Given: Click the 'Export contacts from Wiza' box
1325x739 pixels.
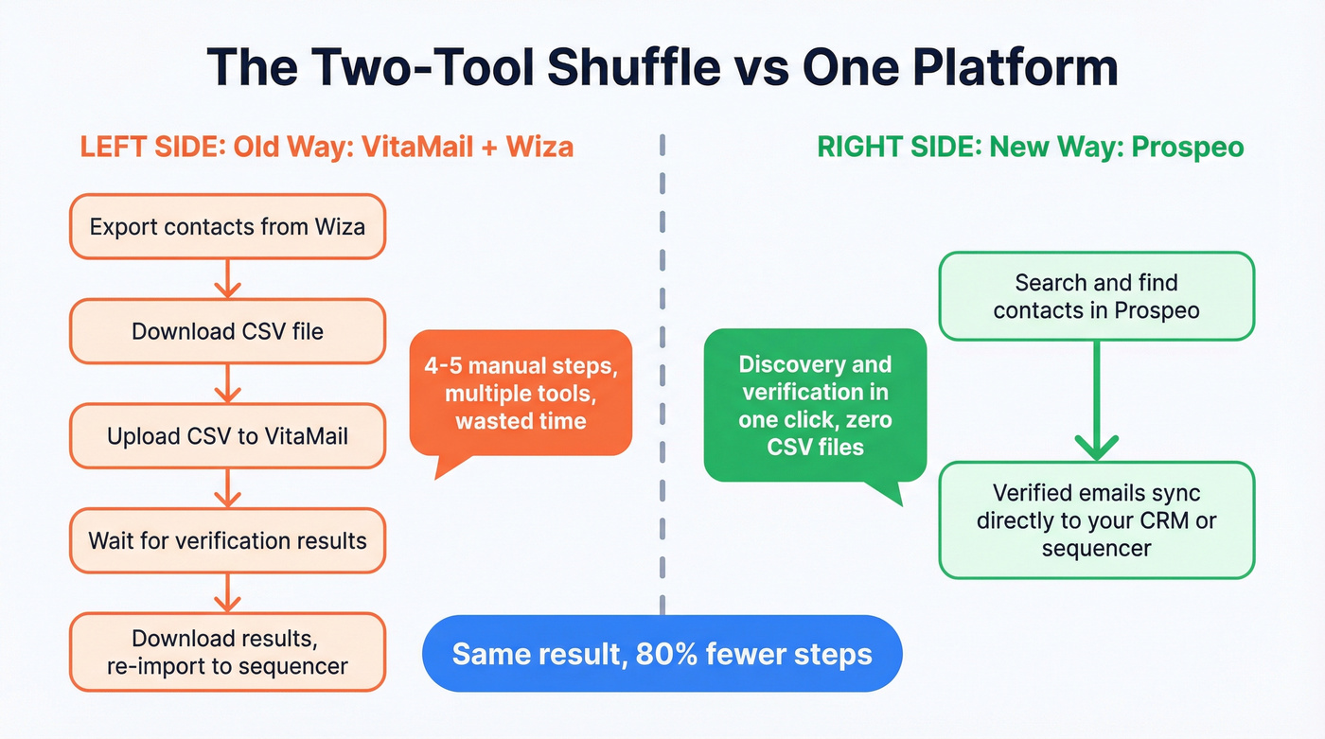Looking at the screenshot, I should (x=227, y=227).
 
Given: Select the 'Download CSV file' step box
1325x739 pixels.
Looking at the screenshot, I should (x=227, y=331).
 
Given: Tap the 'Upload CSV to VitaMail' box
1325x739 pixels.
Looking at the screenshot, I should (x=227, y=436).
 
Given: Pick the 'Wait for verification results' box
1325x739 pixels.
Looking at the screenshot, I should (x=227, y=540).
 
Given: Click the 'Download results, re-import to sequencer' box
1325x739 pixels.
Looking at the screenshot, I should (x=227, y=652).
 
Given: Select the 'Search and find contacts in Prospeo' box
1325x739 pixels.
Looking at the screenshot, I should (x=1096, y=296).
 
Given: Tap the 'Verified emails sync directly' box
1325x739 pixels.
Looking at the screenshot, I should (x=1096, y=520).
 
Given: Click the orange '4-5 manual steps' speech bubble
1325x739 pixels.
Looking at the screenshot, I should (x=521, y=393).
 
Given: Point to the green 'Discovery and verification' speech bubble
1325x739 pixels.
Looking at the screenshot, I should (x=815, y=405).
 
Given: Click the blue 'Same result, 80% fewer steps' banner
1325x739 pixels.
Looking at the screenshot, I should (x=662, y=654).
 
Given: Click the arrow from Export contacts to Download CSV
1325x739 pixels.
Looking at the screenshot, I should (x=227, y=279).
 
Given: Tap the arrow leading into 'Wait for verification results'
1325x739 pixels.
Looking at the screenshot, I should (x=227, y=488).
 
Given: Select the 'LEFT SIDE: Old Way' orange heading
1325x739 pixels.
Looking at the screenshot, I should (x=327, y=148).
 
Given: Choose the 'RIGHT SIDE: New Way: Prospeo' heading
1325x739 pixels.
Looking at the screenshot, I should (x=1030, y=148).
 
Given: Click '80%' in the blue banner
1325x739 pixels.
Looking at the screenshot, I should (x=659, y=654).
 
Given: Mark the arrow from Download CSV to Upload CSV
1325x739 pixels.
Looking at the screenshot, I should (x=227, y=384).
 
